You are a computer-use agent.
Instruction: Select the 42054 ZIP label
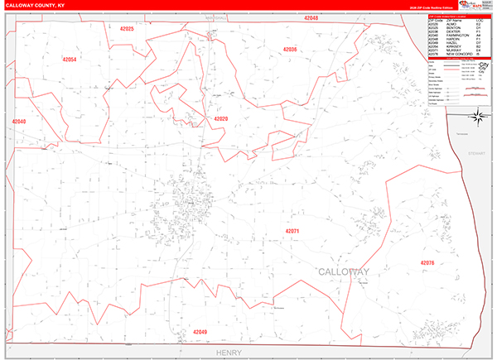tap(69, 60)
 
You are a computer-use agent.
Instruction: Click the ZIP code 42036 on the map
tap(289, 50)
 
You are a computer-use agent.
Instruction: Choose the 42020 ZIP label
tap(220, 119)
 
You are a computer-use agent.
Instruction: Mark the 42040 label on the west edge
tap(19, 122)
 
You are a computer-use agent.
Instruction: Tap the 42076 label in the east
tap(427, 262)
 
